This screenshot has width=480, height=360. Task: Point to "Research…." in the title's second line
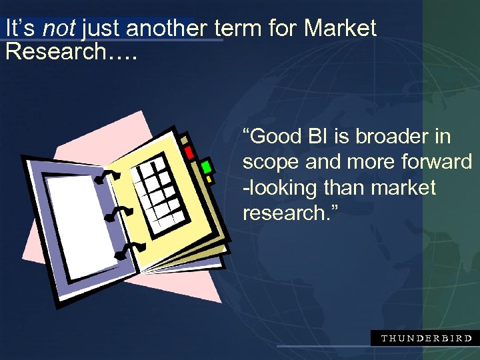tap(71, 52)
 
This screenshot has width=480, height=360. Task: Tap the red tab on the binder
tap(189, 152)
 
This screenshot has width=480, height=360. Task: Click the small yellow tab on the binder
tap(209, 179)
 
